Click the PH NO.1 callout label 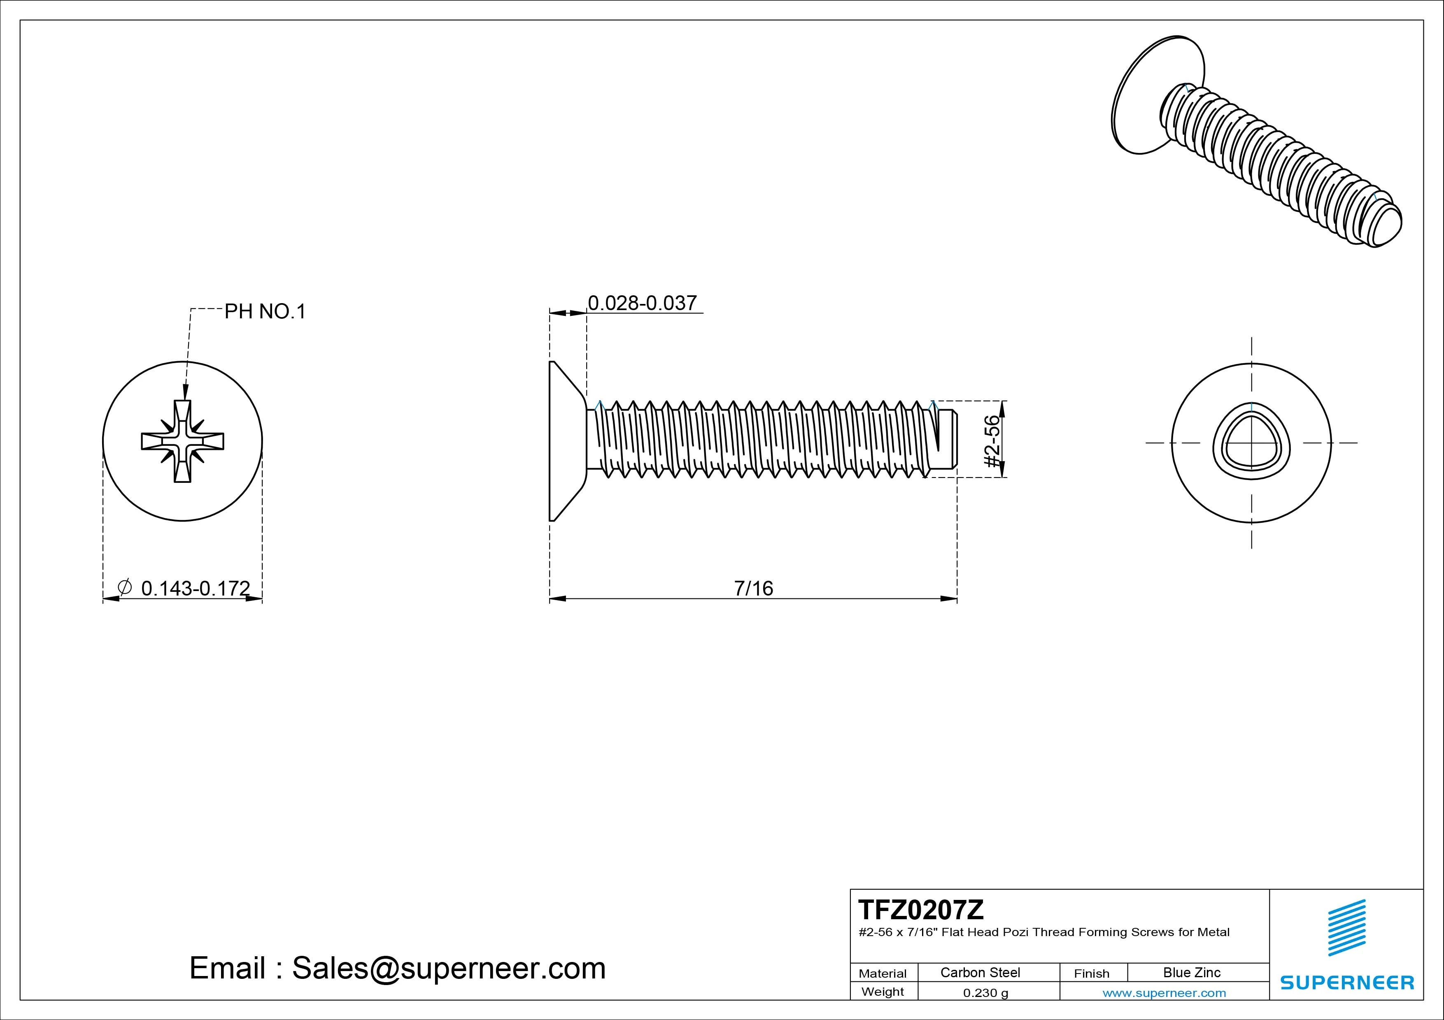click(x=265, y=312)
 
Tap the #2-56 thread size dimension click(x=992, y=440)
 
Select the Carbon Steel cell click(x=980, y=972)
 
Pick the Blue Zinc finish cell click(x=1191, y=972)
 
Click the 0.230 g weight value click(x=985, y=993)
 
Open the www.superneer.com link click(x=1164, y=993)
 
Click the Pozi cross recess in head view click(x=182, y=441)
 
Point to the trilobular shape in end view click(x=1251, y=443)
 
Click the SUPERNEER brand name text click(x=1346, y=982)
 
